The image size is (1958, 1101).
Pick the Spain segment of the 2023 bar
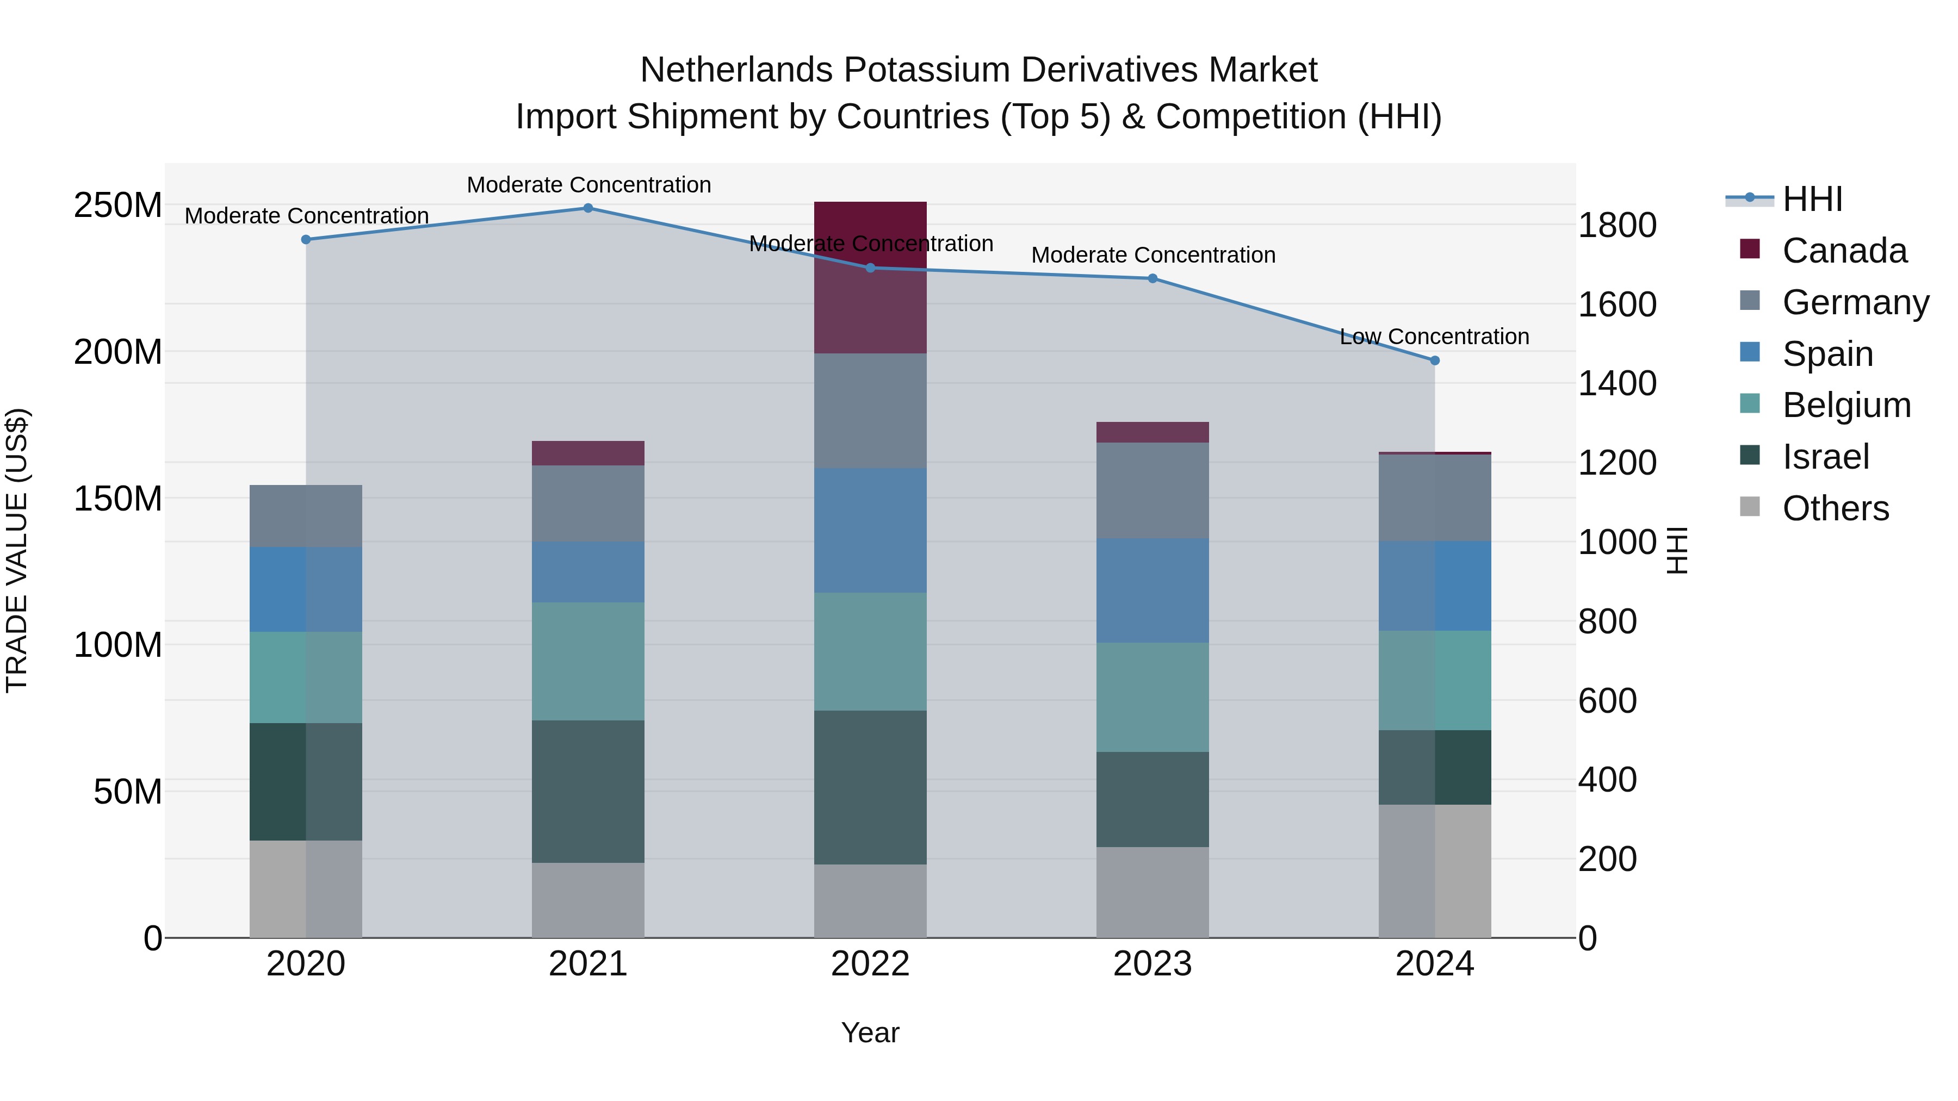click(x=1153, y=590)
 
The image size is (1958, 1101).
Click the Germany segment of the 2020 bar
click(x=306, y=516)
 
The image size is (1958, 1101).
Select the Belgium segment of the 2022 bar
click(x=870, y=651)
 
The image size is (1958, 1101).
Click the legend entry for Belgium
click(x=1845, y=405)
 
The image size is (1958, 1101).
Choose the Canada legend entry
click(x=1844, y=251)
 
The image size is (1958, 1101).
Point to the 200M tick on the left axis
click(x=118, y=352)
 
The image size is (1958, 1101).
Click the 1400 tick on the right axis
click(x=1617, y=384)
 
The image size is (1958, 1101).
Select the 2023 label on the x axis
click(x=1153, y=964)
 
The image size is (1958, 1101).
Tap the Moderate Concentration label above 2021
click(x=588, y=185)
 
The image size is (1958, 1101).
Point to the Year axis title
click(x=870, y=1032)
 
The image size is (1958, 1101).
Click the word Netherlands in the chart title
click(x=736, y=70)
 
